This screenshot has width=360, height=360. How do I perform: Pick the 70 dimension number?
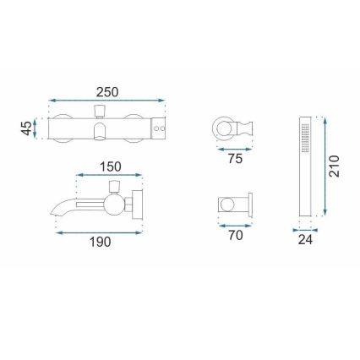[x=235, y=236]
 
